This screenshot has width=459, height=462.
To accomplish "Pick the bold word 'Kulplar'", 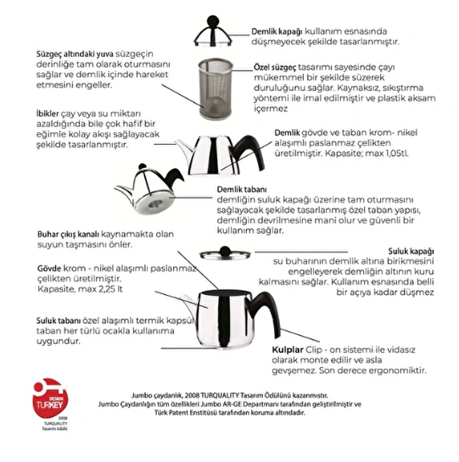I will (290, 349).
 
